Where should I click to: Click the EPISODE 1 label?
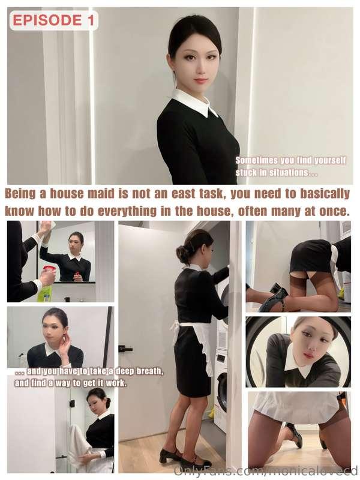point(53,20)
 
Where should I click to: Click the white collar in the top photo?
point(196,103)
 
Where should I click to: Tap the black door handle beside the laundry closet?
point(125,349)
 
